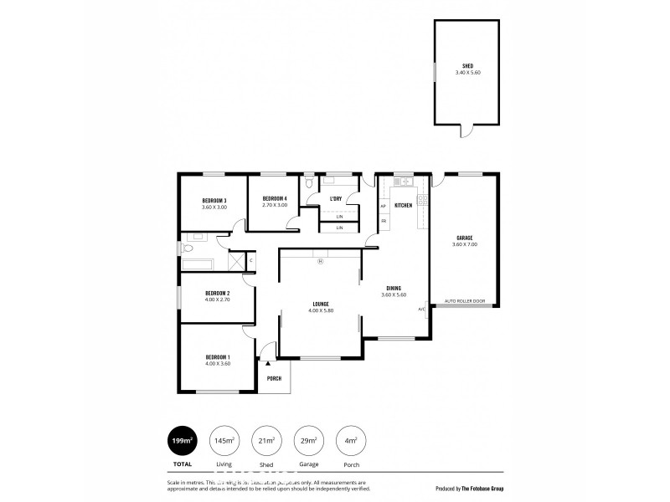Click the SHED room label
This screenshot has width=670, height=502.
pos(467,66)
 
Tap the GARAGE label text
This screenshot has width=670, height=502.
pos(464,238)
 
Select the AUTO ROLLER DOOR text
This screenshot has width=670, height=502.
pos(464,300)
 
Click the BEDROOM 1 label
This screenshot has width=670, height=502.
pos(218,357)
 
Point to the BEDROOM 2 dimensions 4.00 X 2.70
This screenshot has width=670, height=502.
pos(218,300)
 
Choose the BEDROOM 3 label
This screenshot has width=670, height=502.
pos(214,200)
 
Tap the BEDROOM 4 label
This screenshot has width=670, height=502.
pos(275,199)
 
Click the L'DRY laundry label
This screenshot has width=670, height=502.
pos(336,198)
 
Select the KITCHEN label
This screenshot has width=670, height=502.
pos(403,205)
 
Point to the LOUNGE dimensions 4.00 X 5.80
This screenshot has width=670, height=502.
pos(320,310)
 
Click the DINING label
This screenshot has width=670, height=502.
pos(393,288)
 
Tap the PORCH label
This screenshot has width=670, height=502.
pos(274,378)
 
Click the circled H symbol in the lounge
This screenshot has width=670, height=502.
pos(320,261)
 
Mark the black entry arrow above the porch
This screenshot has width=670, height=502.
pos(268,363)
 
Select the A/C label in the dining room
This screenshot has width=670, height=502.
pos(422,309)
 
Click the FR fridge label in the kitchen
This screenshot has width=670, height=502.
pos(384,221)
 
